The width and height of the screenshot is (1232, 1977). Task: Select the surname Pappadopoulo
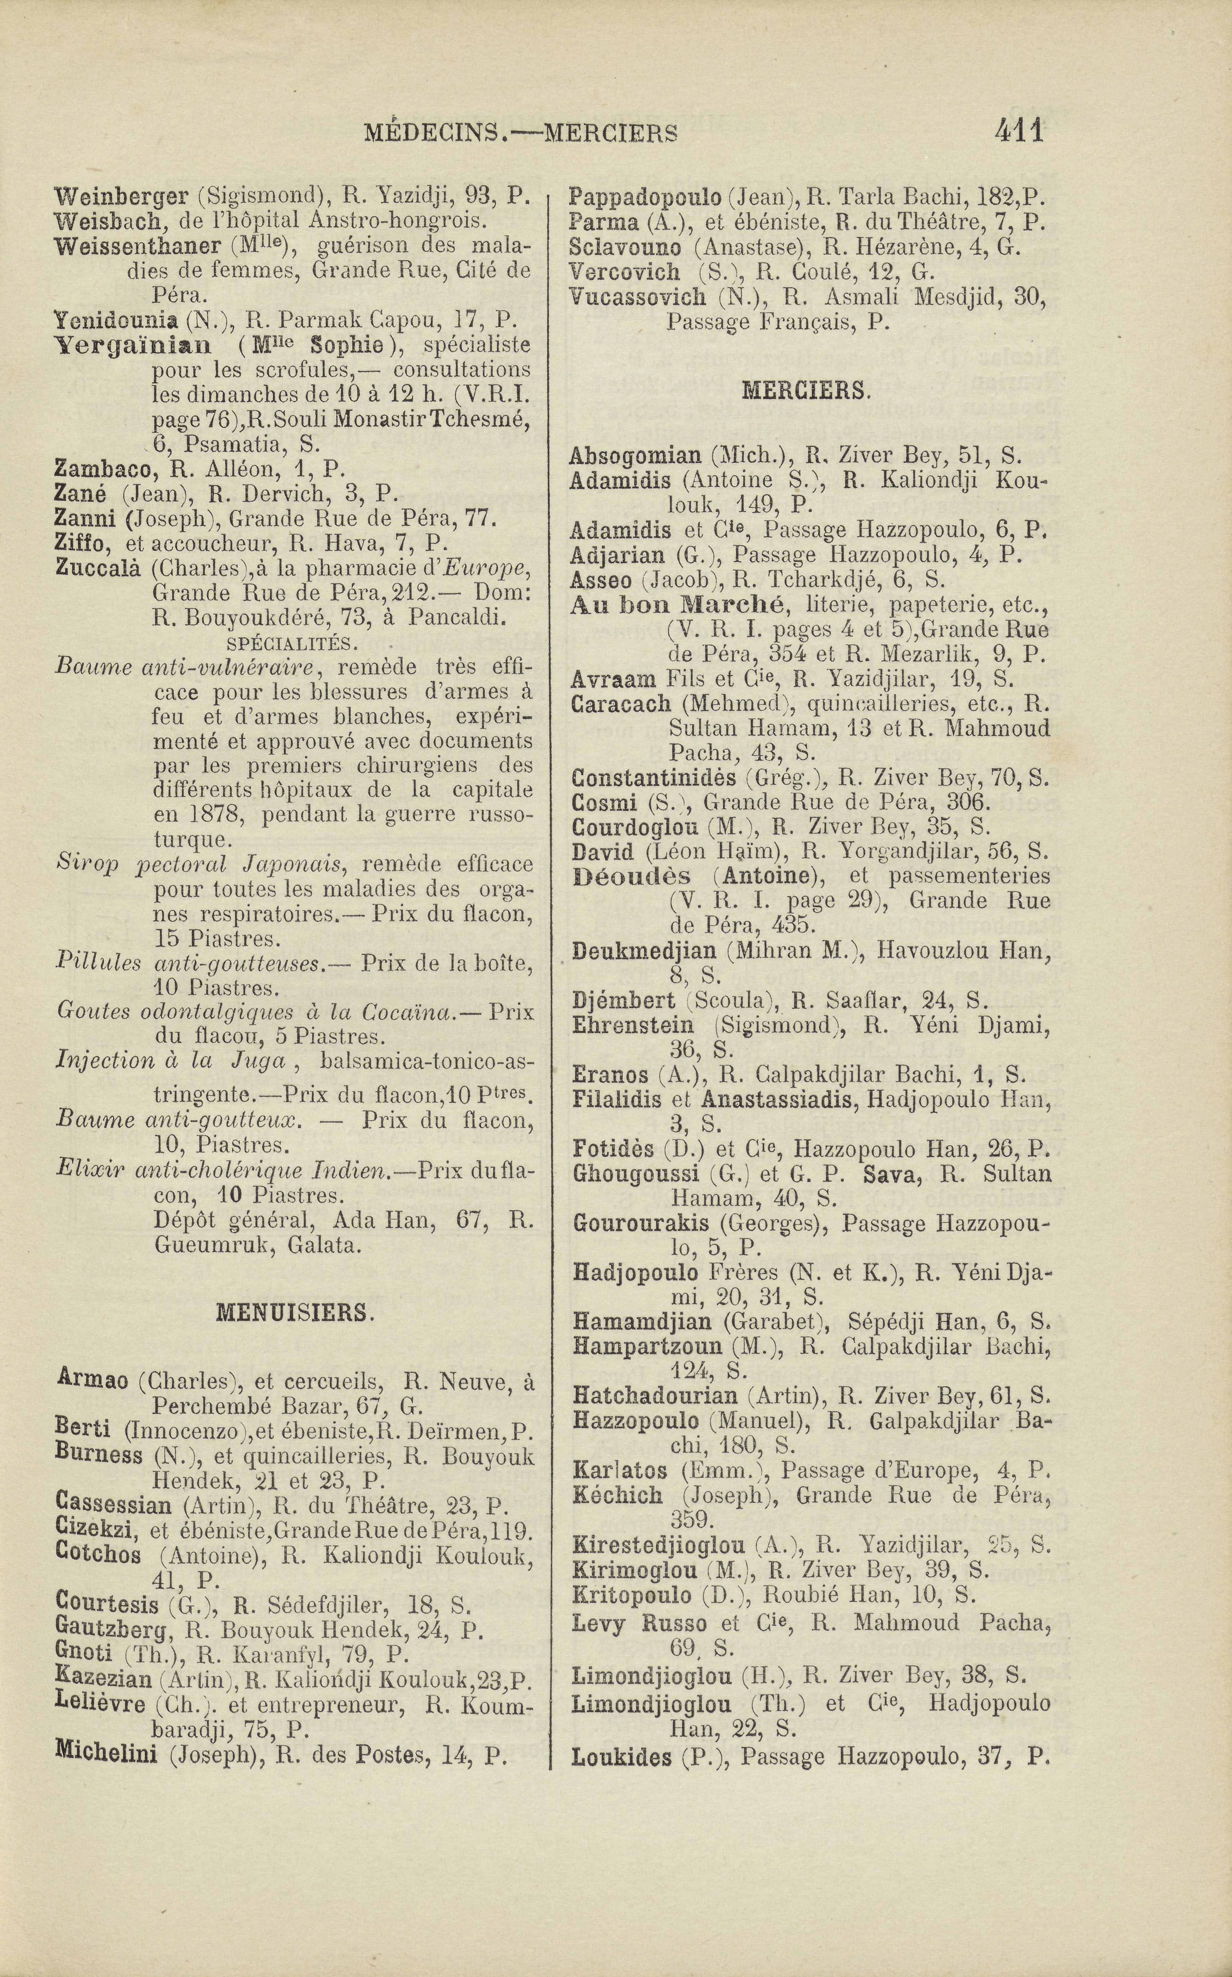[644, 197]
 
